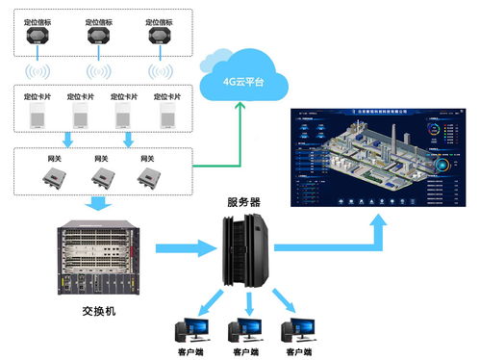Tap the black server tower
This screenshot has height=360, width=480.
244,250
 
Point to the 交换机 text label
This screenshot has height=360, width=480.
99,312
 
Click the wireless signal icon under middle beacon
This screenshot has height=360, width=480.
99,72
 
